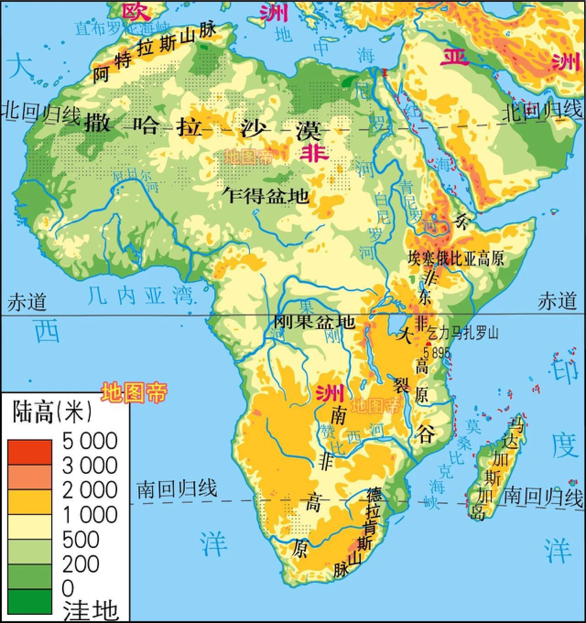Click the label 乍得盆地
(266, 196)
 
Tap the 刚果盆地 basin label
(314, 322)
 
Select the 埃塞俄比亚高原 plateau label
(456, 259)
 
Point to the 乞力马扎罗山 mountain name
(462, 333)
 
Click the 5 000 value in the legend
(90, 441)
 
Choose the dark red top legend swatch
(29, 451)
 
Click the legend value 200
(81, 564)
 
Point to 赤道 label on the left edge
(27, 303)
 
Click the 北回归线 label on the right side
(543, 111)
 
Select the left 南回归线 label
(177, 489)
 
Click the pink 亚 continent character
(454, 57)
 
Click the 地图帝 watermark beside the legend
(134, 392)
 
